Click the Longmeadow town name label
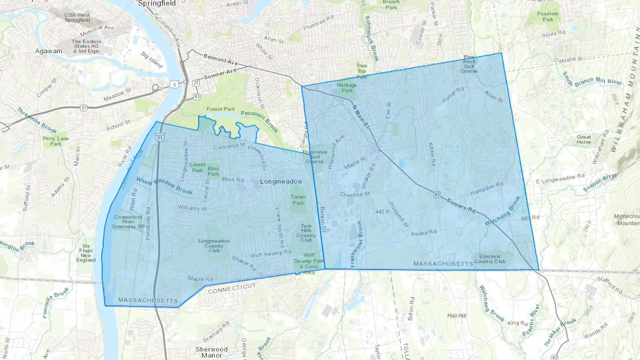point(281,182)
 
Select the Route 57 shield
point(84,108)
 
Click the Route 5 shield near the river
point(174,84)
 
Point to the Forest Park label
point(220,109)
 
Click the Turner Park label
point(298,200)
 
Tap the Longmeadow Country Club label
point(214,246)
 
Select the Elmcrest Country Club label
point(490,259)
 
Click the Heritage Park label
point(347,87)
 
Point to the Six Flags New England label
point(86,253)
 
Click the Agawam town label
point(48,51)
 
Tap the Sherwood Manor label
point(211,352)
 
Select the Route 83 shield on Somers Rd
point(437,194)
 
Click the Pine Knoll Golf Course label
point(469,64)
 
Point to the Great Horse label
point(583,139)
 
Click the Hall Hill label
point(457,316)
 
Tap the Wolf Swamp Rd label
point(271,254)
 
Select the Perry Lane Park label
point(56,141)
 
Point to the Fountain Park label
point(548,16)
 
